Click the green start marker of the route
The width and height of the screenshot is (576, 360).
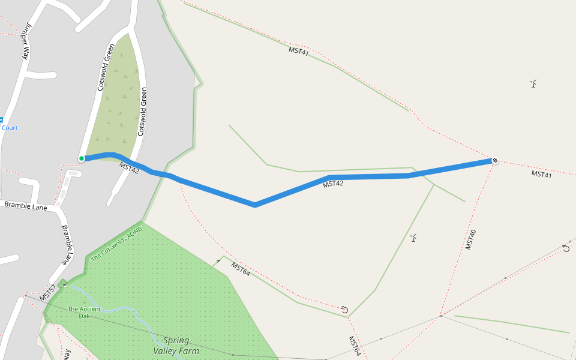[x=82, y=158]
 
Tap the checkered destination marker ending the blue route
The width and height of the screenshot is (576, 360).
[x=494, y=160]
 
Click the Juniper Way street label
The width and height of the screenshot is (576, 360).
[x=26, y=41]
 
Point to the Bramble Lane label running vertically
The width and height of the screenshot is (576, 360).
[x=67, y=245]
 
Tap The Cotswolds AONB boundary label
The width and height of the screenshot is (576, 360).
[x=116, y=244]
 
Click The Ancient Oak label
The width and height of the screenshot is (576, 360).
[x=84, y=312]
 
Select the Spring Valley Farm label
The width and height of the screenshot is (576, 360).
[x=176, y=345]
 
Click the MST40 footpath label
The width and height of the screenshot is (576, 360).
[x=471, y=239]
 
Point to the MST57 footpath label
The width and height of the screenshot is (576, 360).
[x=48, y=293]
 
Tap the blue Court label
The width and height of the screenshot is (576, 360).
[x=10, y=128]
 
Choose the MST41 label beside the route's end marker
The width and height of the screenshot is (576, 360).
[x=541, y=174]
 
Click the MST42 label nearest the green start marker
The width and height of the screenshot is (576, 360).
[x=129, y=167]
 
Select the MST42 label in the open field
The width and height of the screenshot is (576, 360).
[x=333, y=184]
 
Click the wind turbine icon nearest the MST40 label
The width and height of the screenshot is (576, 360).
[x=413, y=238]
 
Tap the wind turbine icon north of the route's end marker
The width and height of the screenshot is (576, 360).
[x=533, y=83]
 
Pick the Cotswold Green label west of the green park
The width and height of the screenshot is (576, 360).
[x=106, y=67]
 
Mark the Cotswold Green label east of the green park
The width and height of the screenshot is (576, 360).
[x=142, y=111]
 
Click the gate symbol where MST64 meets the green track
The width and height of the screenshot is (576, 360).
[x=344, y=310]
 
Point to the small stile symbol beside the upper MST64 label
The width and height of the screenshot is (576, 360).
[x=218, y=262]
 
